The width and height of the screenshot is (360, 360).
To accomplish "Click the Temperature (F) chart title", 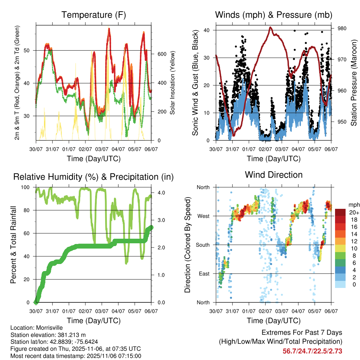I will pos(94,15).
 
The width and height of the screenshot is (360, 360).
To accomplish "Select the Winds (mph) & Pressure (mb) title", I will pos(274,15).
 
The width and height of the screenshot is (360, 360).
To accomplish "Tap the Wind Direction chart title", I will pos(274,175).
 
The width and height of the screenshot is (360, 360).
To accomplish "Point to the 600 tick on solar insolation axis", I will pos(162,54).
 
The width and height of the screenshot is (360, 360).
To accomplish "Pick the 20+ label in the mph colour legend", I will pos(353,212).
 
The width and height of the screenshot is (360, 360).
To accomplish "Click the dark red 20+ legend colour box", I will pos(340,212).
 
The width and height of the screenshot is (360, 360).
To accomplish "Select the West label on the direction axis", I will pos(203,216).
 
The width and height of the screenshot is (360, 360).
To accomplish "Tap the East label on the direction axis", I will pos(204,274).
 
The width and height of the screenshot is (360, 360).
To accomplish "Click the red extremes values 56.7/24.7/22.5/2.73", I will pos(312,351).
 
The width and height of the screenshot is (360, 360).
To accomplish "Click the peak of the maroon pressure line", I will pos(270,27).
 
